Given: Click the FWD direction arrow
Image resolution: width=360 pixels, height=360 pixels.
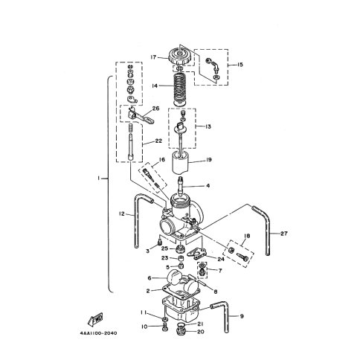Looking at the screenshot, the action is point(95,318).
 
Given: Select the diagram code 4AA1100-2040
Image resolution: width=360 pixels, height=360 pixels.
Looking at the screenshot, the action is point(98,333).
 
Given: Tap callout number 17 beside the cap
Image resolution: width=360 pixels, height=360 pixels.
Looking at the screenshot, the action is point(153,57).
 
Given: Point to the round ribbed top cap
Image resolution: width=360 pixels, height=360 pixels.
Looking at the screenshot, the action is point(181,57).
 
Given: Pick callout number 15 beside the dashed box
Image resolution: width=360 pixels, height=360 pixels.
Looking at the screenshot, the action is point(240,65).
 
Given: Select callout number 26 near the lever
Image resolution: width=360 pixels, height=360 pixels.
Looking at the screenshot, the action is point(156,109).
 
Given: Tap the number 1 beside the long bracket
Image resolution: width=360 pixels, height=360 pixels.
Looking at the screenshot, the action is point(99,178).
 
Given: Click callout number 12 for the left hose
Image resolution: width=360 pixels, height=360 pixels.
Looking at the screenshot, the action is point(122,213).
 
